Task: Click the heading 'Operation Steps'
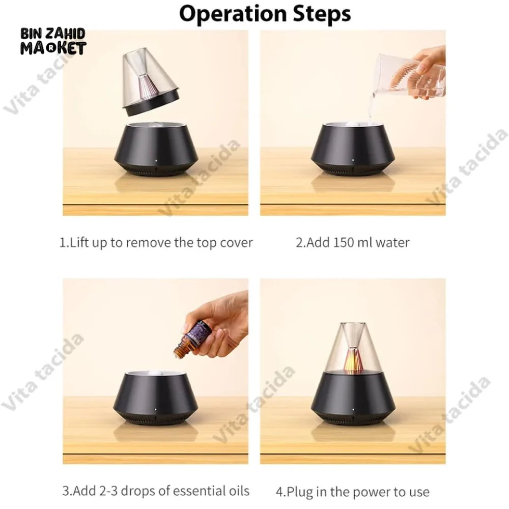coord(265,14)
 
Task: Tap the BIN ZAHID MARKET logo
coord(53,41)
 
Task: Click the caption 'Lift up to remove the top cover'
coord(156,242)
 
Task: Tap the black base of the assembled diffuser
coord(353,400)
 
